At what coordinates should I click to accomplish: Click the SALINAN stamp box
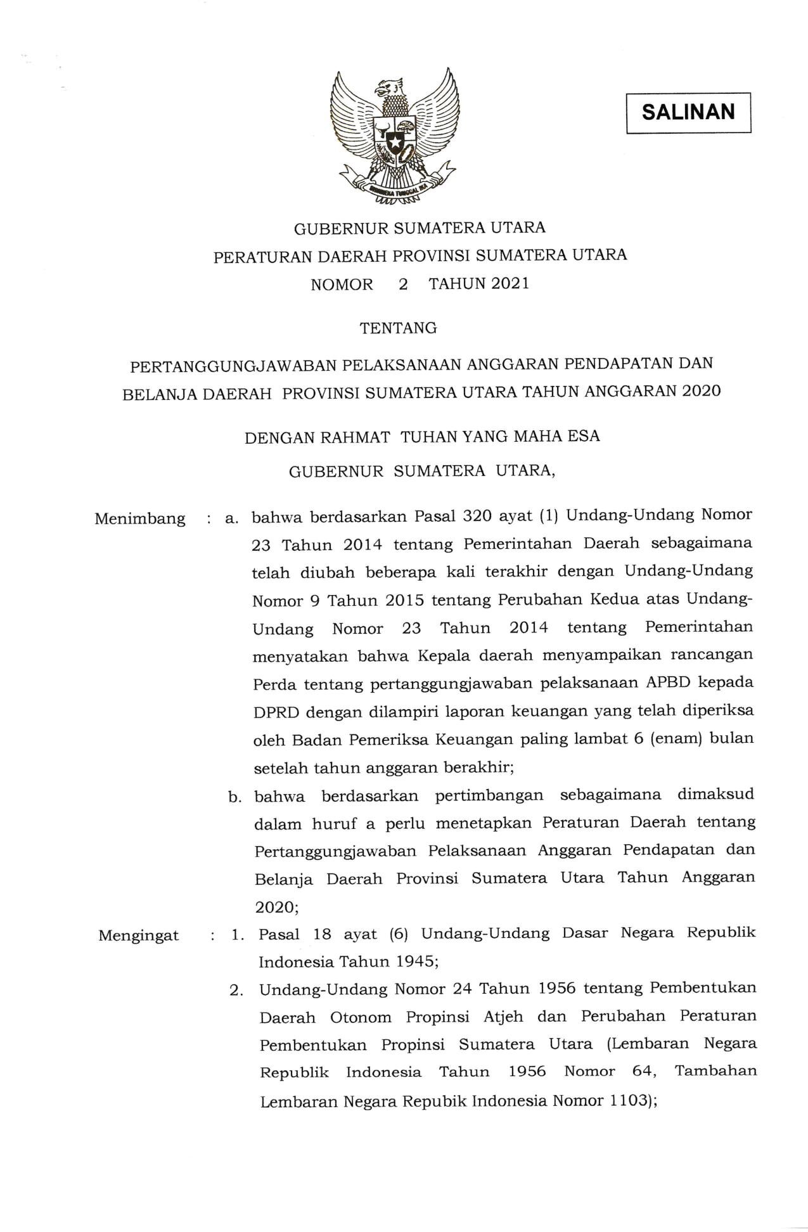(688, 113)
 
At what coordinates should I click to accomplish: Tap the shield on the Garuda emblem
(394, 136)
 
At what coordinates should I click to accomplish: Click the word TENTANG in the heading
(398, 328)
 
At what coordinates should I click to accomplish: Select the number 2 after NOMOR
(403, 284)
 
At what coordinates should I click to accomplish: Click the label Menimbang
(140, 519)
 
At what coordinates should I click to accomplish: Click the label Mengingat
(139, 936)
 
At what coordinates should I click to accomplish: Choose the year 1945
(416, 961)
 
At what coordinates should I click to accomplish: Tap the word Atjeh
(503, 1017)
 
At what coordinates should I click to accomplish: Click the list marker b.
(236, 798)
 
